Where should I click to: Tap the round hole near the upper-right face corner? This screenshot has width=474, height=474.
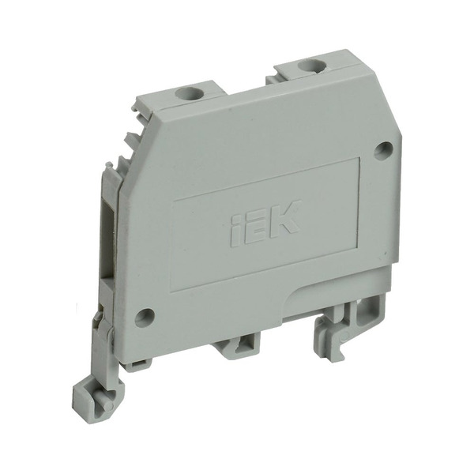pos(382,149)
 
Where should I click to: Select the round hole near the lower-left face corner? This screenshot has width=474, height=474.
pos(143,318)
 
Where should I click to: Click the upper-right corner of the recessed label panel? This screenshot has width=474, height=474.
pos(359,159)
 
